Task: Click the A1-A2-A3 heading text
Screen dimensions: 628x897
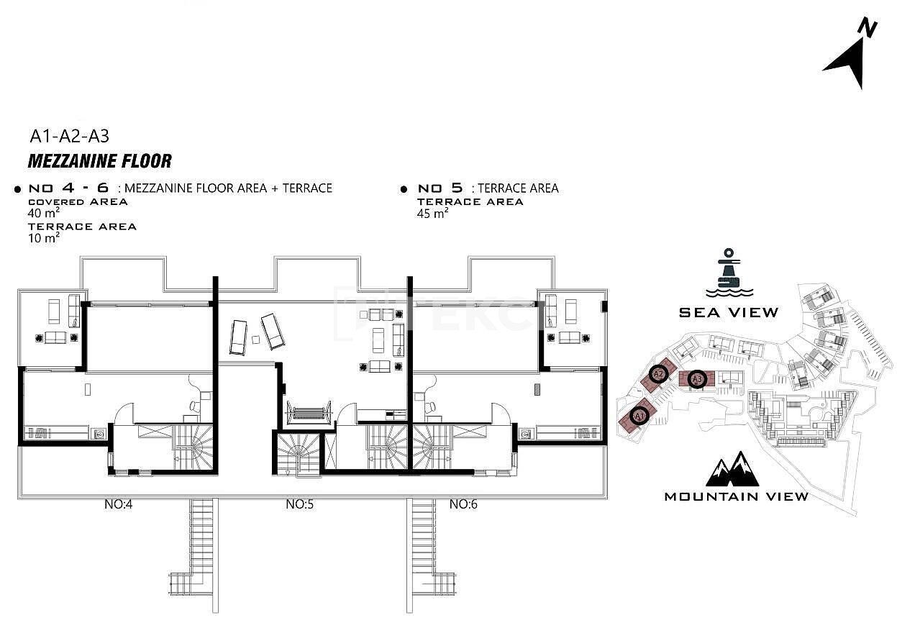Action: point(69,135)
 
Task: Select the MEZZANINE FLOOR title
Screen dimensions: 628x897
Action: point(99,160)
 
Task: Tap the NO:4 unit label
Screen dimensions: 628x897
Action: point(118,504)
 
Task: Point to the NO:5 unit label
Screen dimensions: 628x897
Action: point(299,504)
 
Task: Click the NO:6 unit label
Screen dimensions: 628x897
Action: point(463,504)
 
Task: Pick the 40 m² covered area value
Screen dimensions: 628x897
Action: point(43,214)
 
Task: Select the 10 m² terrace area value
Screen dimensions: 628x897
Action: point(43,238)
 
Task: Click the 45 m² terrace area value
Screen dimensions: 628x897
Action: point(433,214)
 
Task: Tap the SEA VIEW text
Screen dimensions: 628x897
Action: point(729,312)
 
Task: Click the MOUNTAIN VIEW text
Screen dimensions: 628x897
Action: point(736,496)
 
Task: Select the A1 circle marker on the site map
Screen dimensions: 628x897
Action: point(638,414)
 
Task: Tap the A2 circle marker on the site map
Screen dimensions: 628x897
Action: point(657,373)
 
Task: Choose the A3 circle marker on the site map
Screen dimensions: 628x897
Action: point(696,378)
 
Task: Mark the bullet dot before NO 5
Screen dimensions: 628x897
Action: point(404,189)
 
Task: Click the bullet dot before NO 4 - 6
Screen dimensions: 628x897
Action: point(17,189)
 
